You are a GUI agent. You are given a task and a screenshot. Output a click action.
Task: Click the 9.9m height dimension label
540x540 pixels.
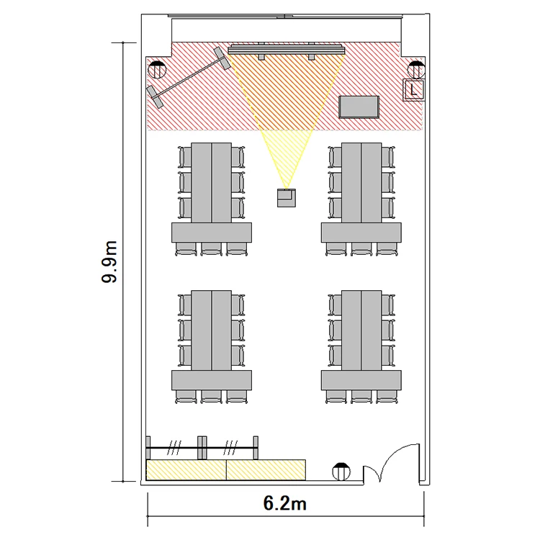point(110,262)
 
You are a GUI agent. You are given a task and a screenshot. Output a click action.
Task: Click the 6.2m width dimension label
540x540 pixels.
point(285,503)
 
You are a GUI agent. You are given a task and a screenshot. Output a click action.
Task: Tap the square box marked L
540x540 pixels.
point(413,90)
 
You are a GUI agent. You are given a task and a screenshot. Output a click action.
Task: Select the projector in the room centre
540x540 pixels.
point(287,198)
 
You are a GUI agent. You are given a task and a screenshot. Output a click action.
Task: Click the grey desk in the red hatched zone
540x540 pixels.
point(359,107)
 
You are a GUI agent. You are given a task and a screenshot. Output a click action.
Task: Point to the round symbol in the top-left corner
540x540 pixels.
point(157,71)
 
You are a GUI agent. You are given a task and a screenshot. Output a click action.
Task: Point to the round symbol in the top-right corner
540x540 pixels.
point(416,70)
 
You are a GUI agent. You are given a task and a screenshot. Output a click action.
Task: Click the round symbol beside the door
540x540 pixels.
point(341,471)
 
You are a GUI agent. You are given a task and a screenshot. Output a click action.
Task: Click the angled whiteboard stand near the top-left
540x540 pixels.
point(189,77)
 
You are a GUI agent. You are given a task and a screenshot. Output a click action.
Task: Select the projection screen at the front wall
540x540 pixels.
point(287,50)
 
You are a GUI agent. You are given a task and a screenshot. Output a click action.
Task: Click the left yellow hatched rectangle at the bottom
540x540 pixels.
point(186,469)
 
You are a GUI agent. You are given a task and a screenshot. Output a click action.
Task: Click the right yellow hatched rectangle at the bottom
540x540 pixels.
point(266,469)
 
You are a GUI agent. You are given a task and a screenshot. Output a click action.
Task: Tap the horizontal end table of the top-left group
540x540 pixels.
point(212,233)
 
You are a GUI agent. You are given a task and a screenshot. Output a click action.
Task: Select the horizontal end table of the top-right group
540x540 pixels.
point(361,233)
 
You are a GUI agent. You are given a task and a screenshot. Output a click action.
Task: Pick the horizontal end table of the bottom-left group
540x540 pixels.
point(212,380)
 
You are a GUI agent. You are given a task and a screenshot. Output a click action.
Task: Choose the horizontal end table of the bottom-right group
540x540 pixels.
point(361,380)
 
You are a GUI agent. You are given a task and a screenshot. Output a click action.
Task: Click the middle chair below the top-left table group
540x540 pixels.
point(212,249)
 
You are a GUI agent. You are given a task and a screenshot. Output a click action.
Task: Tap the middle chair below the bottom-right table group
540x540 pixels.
point(361,397)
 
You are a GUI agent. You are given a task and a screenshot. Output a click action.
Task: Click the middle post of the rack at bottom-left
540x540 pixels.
point(202,448)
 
